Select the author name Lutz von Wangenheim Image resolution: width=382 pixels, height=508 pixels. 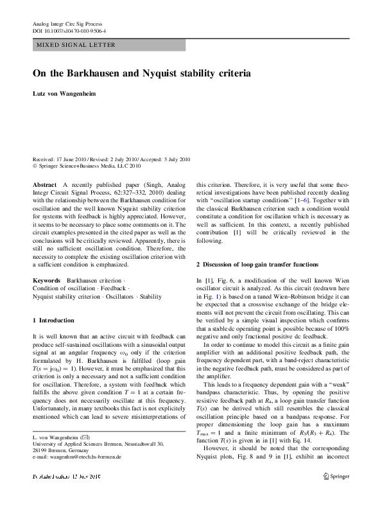(64, 94)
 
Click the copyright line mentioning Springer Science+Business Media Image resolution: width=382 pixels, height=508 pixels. (86, 165)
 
